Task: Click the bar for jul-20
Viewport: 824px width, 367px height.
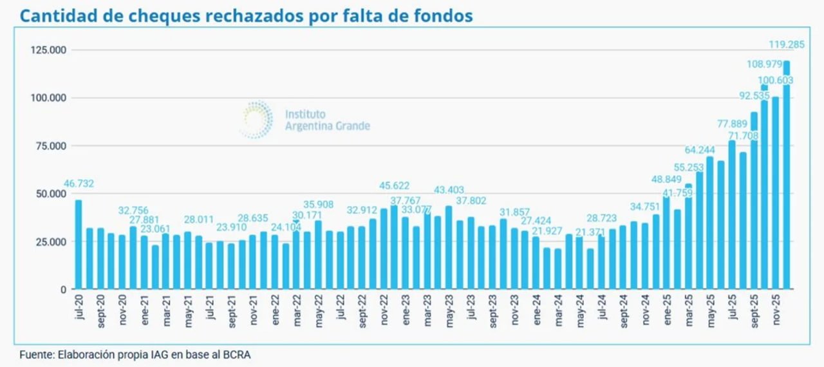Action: (79, 244)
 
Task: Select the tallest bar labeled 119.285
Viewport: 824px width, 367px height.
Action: (787, 174)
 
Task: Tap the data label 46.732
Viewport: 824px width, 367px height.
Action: (79, 184)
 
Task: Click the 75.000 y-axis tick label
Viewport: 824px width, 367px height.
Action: (51, 146)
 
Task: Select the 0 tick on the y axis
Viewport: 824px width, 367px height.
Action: (64, 290)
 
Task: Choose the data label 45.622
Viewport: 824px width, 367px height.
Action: (394, 187)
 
